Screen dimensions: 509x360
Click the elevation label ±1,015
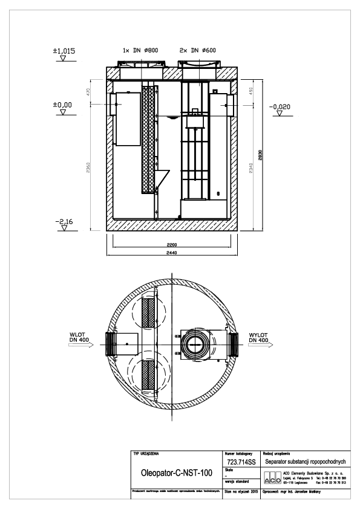click(x=65, y=51)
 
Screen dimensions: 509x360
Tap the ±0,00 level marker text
click(x=64, y=105)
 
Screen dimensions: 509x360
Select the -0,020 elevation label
click(x=282, y=107)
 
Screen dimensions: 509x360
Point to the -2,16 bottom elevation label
click(x=64, y=223)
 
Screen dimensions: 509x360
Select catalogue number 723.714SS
click(x=240, y=461)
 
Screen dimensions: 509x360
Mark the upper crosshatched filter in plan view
click(x=148, y=312)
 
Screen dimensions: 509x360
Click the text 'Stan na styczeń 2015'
click(x=241, y=492)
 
